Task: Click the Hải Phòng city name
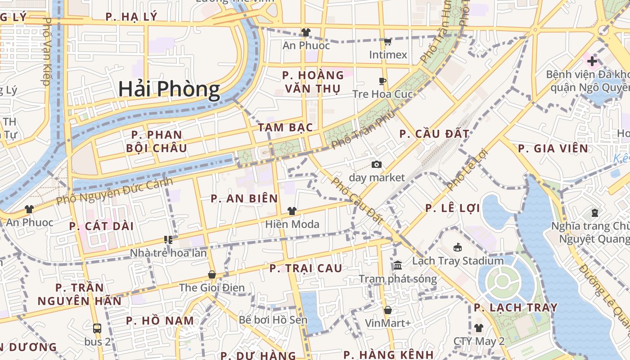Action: (169, 90)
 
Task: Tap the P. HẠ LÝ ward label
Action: (131, 17)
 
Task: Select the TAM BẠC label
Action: (285, 127)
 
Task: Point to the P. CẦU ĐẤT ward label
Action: (434, 134)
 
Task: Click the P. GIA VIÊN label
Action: (553, 148)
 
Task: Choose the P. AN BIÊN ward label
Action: (244, 198)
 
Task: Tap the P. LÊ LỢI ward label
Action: (453, 208)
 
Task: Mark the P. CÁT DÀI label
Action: (101, 226)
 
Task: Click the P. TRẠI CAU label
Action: (306, 268)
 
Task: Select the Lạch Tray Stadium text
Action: (458, 261)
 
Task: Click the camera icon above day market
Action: (377, 165)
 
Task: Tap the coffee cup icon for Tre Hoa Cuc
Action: (382, 81)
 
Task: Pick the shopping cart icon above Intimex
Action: (387, 42)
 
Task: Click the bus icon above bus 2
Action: (97, 328)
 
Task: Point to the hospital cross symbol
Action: (592, 61)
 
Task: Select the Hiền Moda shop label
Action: (292, 224)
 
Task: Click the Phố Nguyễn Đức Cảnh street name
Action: (115, 191)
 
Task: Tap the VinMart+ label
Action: (387, 323)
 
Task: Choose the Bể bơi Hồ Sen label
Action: (273, 320)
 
